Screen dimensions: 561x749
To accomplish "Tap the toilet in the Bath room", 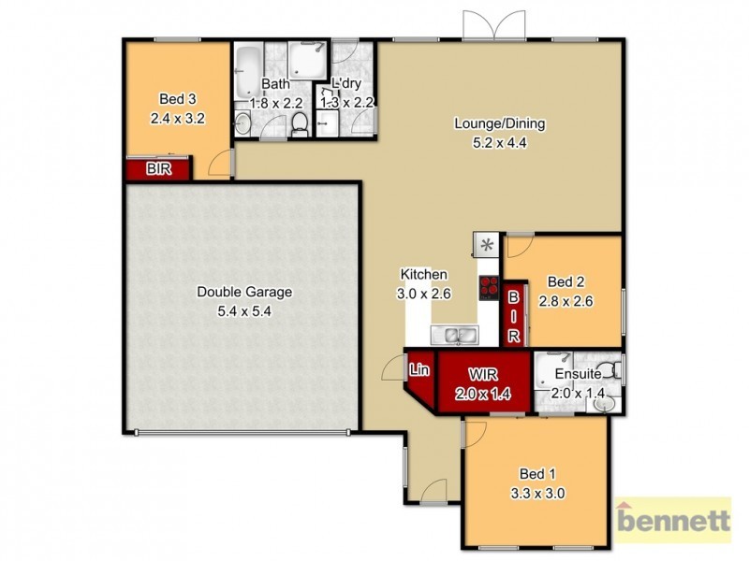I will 300,123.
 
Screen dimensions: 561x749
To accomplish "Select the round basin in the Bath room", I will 242,122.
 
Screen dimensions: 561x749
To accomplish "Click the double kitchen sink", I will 455,334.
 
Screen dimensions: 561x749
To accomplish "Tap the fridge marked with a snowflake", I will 487,246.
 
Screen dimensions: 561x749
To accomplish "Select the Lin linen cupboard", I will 419,370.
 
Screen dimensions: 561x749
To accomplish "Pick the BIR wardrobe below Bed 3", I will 158,169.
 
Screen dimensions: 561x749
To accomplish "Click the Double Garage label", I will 243,292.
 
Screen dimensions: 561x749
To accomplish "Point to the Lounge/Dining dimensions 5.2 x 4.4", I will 499,144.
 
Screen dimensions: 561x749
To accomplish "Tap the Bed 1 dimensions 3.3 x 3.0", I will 536,493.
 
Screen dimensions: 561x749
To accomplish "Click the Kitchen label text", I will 424,274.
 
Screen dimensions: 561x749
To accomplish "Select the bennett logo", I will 671,519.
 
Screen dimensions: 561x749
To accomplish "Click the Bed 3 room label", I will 177,99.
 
